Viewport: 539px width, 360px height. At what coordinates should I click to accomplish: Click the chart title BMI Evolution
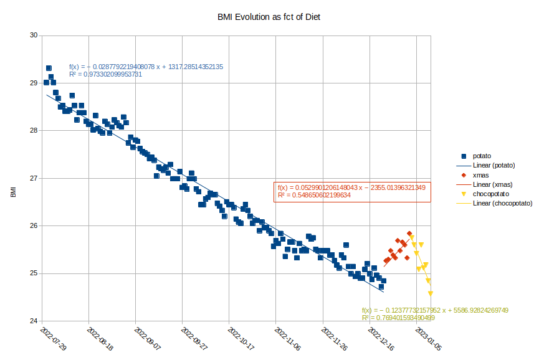269,17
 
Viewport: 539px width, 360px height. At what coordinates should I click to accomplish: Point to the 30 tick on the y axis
32,35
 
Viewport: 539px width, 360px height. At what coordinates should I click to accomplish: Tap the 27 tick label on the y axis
32,178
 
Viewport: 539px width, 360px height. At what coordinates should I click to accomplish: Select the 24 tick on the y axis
32,321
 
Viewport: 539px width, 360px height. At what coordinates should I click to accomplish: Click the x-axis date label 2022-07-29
53,338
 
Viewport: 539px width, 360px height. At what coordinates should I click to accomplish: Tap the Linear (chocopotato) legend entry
502,204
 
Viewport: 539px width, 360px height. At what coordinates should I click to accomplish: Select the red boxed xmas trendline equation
352,191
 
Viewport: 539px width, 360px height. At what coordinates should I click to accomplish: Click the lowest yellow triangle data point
431,293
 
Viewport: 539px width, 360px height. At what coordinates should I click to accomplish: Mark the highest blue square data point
49,68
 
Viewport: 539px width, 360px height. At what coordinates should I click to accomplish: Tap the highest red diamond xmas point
409,234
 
